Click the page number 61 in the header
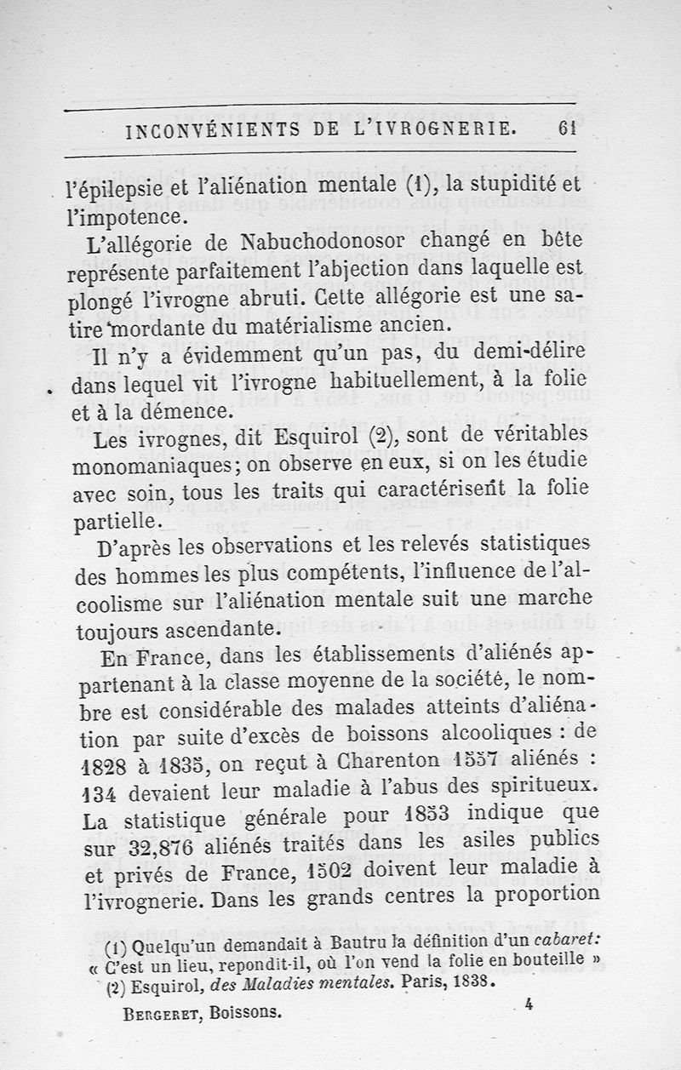coord(569,129)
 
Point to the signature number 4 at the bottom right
coord(529,1005)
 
